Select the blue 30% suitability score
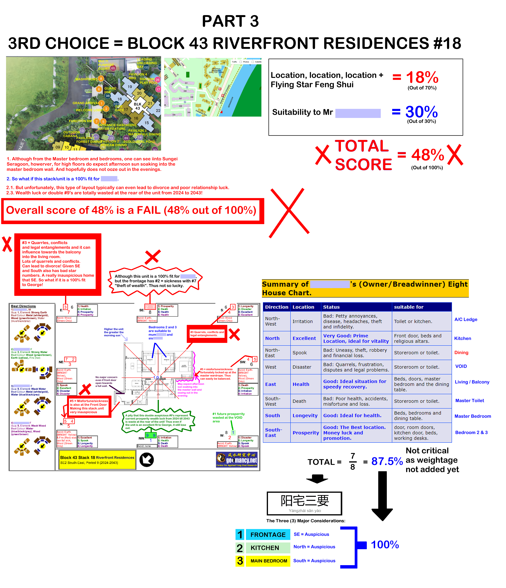421,112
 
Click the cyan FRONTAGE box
268,535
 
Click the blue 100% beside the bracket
385,545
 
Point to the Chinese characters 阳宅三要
305,501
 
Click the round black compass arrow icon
147,460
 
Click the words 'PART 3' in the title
230,21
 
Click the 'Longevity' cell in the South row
305,415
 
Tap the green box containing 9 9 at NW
150,435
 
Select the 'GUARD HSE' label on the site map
110,90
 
